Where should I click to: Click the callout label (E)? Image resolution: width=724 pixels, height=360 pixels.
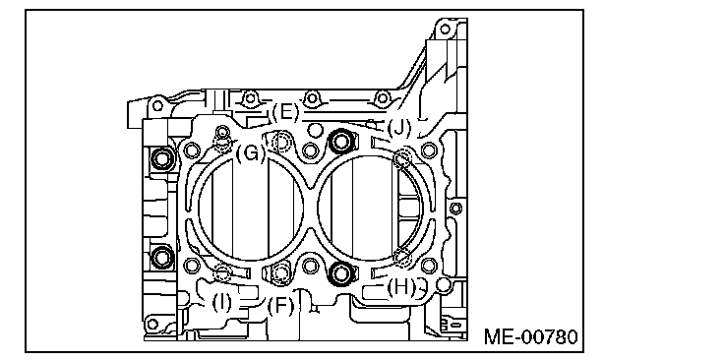(x=285, y=112)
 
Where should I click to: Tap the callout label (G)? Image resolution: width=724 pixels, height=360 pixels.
(x=251, y=153)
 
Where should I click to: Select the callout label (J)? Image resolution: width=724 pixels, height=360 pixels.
(x=399, y=128)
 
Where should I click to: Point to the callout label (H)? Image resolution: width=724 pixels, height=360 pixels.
(x=401, y=287)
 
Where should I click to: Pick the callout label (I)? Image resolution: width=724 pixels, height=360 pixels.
(x=222, y=303)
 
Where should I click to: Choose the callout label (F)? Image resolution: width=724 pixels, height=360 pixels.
(x=280, y=306)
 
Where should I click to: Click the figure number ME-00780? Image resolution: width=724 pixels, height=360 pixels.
(x=530, y=337)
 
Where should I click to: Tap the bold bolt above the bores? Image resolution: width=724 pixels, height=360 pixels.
(x=341, y=142)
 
